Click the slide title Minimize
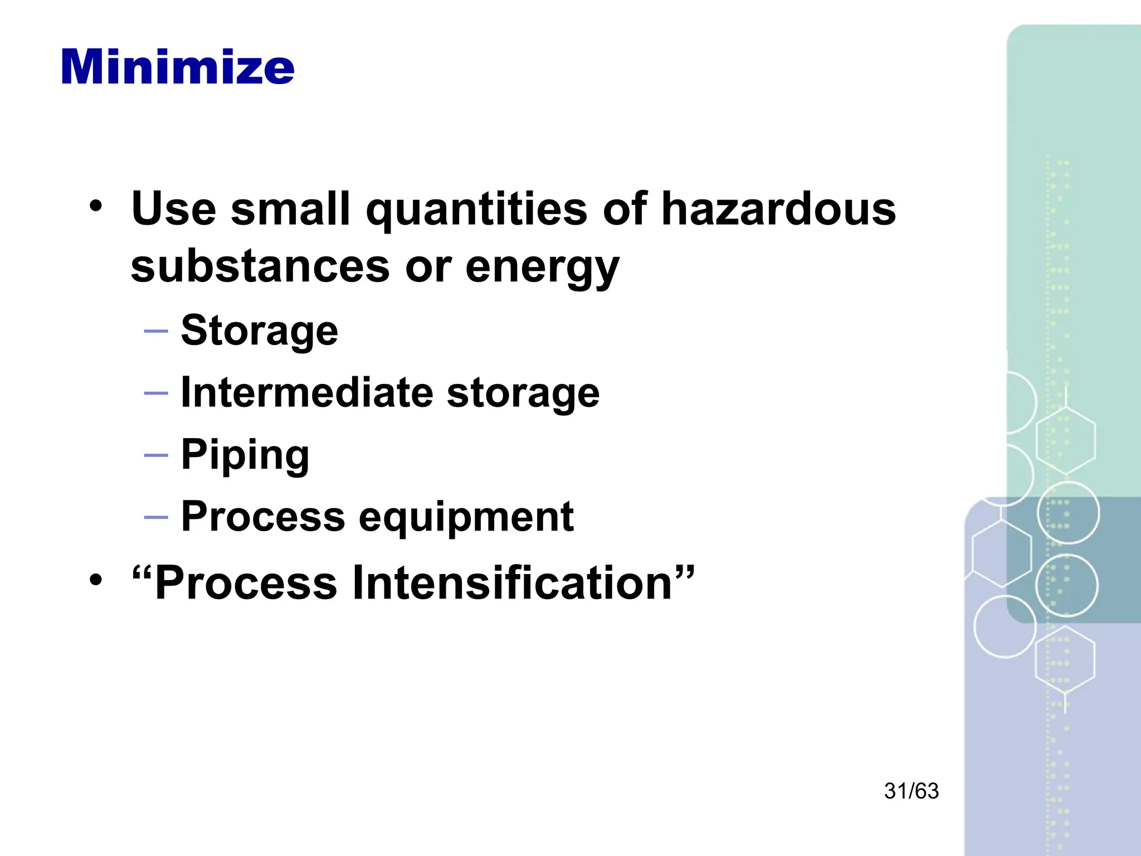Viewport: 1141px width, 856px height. [177, 67]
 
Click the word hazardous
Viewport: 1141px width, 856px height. [778, 209]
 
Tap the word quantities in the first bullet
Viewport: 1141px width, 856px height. [476, 210]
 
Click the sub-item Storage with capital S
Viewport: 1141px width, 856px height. [260, 330]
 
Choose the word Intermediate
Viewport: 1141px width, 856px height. [307, 392]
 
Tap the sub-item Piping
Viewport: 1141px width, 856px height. [245, 455]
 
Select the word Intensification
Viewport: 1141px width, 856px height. [513, 583]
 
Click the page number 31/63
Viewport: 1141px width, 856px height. [911, 791]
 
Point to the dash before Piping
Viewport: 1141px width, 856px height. [156, 455]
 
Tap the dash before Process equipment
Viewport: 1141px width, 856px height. [156, 517]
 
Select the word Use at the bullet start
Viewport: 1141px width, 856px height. [173, 209]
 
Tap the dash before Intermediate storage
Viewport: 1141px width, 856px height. [156, 393]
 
